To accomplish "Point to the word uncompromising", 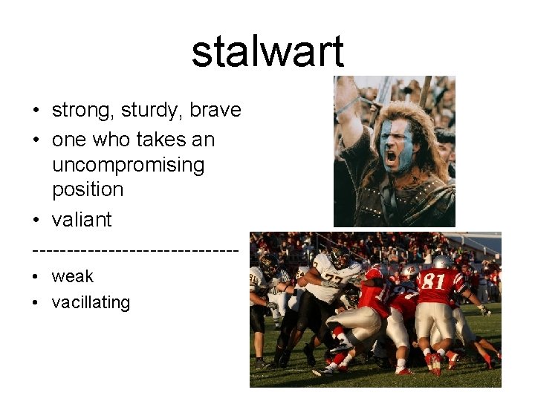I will (128, 165).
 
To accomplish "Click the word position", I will (88, 189).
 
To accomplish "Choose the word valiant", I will (82, 220).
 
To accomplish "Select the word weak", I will (73, 276).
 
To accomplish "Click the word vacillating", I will (91, 302).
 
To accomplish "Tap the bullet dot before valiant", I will (36, 221).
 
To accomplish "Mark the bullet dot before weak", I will (36, 277).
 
